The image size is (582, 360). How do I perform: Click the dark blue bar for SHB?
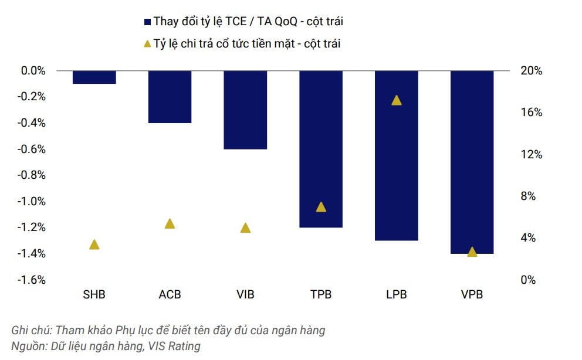click(x=94, y=77)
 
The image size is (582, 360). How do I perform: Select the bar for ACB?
click(x=170, y=97)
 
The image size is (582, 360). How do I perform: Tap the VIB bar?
click(x=245, y=110)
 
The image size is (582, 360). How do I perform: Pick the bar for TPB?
click(x=321, y=149)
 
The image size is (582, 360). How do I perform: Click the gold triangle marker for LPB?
click(x=397, y=100)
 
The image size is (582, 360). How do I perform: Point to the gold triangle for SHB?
click(x=94, y=244)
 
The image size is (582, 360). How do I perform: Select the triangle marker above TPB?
click(x=321, y=207)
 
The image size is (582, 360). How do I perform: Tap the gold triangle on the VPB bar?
click(x=472, y=252)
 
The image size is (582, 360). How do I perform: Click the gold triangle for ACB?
click(x=170, y=223)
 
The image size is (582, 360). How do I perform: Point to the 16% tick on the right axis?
click(x=531, y=113)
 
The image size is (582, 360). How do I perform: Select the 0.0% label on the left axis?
click(x=33, y=70)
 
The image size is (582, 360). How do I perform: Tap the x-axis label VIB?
click(x=245, y=294)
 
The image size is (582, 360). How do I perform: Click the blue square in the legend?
click(x=147, y=22)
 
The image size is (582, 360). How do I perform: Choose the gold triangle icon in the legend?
click(x=147, y=43)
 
